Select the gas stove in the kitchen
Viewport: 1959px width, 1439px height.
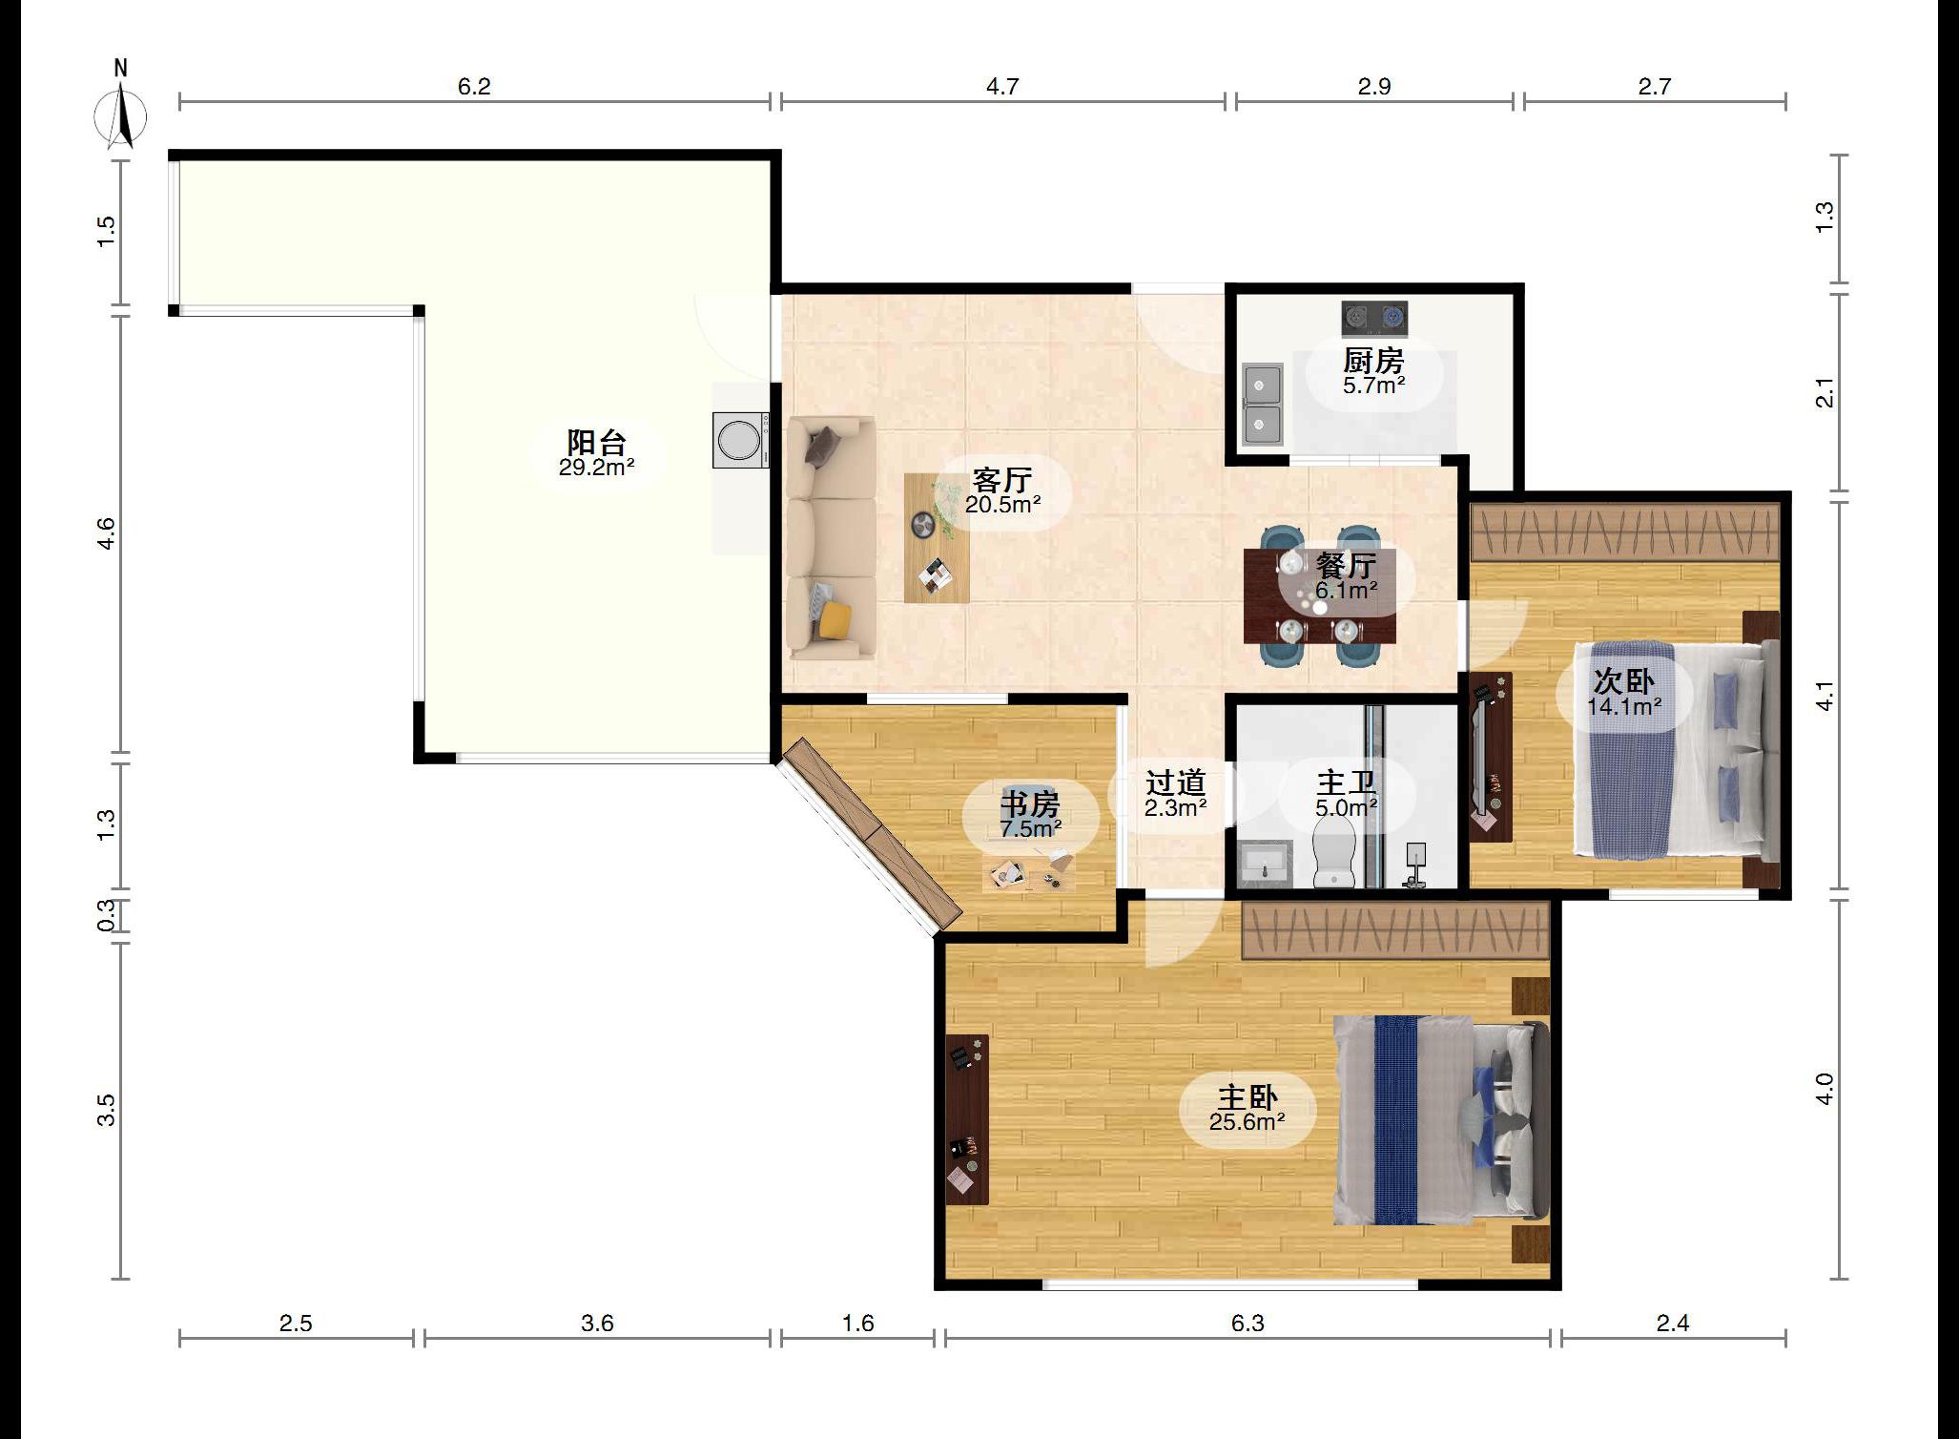tap(1374, 319)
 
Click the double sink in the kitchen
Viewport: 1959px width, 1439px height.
tap(1262, 407)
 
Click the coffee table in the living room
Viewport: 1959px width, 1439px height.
tap(937, 538)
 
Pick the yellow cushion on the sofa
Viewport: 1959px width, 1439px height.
tap(836, 618)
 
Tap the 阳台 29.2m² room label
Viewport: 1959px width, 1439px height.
tap(597, 453)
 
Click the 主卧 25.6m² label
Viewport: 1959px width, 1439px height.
tap(1248, 1109)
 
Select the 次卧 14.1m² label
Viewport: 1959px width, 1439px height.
tap(1624, 693)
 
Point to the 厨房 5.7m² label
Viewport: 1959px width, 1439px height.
tap(1374, 372)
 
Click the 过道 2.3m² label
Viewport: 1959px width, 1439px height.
tap(1176, 794)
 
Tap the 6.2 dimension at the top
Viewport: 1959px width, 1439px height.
tap(474, 87)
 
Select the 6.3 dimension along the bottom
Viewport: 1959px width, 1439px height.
tap(1248, 1323)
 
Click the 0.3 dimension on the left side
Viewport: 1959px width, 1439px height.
tap(107, 915)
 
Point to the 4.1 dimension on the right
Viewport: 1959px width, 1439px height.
tap(1825, 697)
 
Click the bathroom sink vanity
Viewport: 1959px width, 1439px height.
tap(1266, 865)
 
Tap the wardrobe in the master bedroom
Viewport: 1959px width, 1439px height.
tap(1395, 931)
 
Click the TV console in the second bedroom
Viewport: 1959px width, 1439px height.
tap(1490, 757)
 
